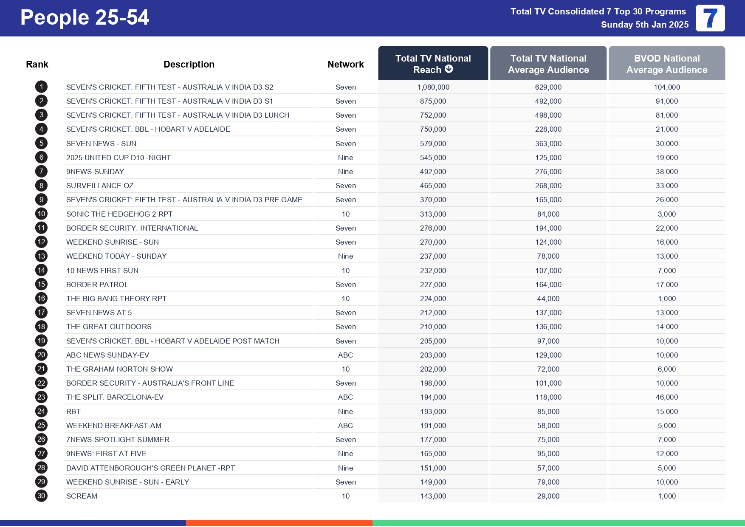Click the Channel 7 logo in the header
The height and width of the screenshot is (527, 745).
(x=710, y=18)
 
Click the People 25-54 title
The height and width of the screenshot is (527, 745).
(x=85, y=18)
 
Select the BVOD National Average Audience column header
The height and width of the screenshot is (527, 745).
(x=666, y=64)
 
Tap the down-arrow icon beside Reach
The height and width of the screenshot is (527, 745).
(x=449, y=69)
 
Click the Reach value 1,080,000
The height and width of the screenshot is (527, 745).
(x=433, y=87)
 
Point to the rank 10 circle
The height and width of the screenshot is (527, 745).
(x=41, y=214)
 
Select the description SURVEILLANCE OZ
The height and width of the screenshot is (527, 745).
(x=100, y=186)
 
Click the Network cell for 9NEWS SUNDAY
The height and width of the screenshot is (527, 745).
(x=345, y=172)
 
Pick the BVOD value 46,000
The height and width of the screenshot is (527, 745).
(x=666, y=397)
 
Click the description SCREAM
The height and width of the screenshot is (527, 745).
(x=82, y=496)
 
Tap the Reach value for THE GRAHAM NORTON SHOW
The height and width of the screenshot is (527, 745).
(x=433, y=369)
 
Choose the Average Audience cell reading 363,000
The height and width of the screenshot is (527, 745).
(x=548, y=144)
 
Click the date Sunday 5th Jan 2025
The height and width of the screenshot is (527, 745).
(x=644, y=25)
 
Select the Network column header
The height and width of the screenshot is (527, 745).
(x=345, y=64)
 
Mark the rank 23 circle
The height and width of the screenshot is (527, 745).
(x=41, y=397)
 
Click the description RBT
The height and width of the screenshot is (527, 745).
(x=73, y=411)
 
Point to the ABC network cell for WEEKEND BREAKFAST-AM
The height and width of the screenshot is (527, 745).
(x=345, y=426)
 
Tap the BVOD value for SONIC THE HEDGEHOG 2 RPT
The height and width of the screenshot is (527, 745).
(x=666, y=214)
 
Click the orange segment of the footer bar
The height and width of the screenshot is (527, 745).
(x=279, y=523)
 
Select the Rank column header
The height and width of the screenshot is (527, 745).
(x=37, y=64)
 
